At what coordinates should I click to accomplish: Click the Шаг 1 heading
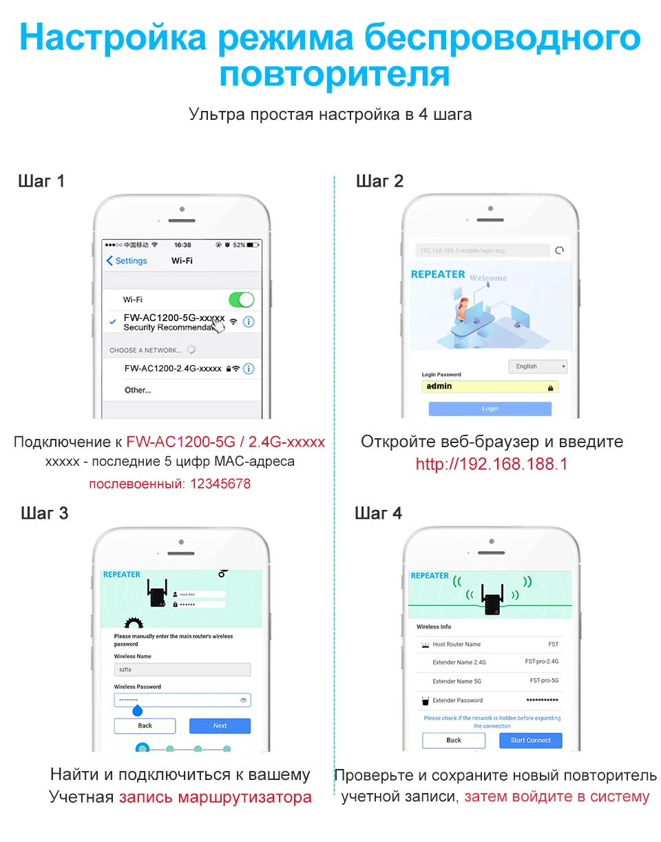(x=41, y=181)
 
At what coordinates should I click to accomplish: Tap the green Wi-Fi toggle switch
(x=241, y=300)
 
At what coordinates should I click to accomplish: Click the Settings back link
(x=127, y=261)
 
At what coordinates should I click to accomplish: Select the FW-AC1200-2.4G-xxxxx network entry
(x=173, y=369)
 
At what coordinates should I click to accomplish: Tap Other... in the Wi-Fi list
(x=138, y=390)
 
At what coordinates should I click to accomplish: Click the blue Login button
(x=490, y=409)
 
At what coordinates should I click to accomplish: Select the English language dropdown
(x=537, y=367)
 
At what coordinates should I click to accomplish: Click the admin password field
(x=489, y=387)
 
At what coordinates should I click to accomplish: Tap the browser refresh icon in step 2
(x=560, y=250)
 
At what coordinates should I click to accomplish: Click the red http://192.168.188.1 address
(x=491, y=464)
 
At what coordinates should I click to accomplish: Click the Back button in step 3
(x=145, y=726)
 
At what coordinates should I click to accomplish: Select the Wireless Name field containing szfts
(x=182, y=670)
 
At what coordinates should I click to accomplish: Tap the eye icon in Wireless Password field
(x=243, y=700)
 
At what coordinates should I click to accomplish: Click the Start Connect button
(x=530, y=740)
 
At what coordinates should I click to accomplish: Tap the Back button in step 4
(x=454, y=740)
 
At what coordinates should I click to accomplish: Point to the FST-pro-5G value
(x=544, y=681)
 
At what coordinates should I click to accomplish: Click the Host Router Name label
(x=457, y=644)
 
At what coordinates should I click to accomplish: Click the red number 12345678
(x=218, y=484)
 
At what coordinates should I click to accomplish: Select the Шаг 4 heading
(x=378, y=513)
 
